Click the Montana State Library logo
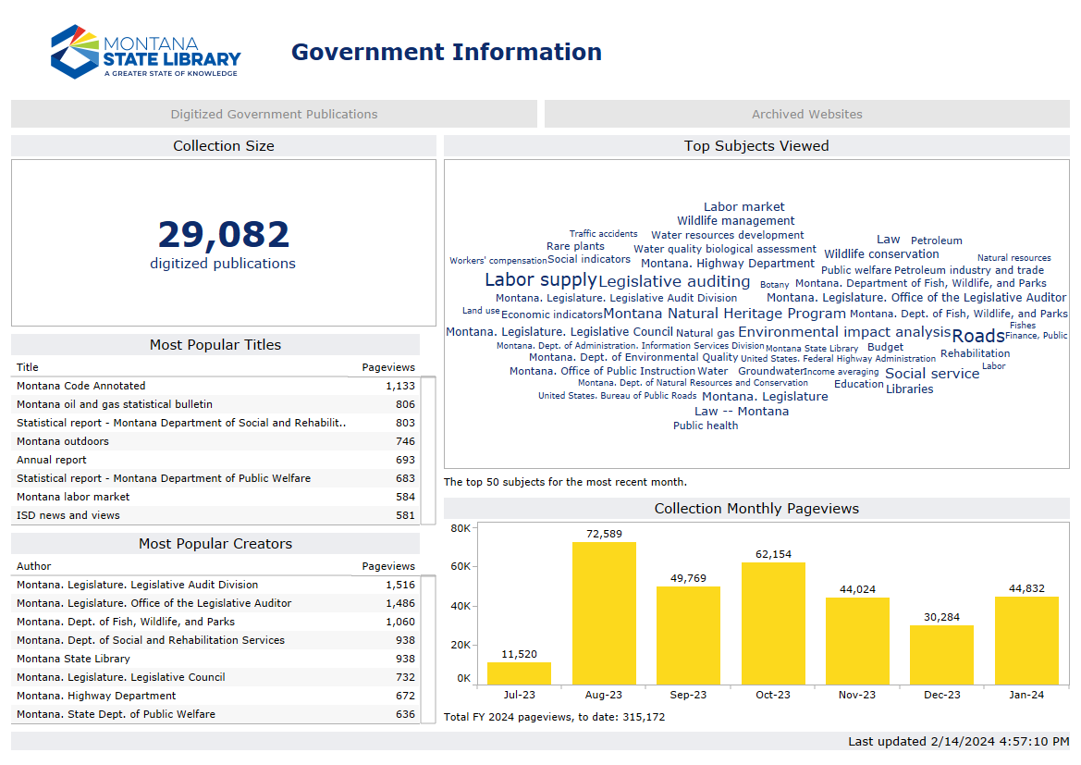[x=145, y=52]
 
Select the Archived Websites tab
[x=806, y=114]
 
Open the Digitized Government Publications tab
[x=274, y=114]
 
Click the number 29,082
[x=223, y=235]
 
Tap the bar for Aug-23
[x=604, y=612]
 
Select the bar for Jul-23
[x=519, y=673]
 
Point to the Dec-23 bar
[x=941, y=655]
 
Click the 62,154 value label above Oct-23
[x=772, y=554]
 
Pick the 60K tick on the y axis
[x=460, y=566]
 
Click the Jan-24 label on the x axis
[x=1026, y=695]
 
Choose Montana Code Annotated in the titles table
[x=81, y=386]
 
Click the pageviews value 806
[x=405, y=404]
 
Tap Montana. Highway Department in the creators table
[x=96, y=696]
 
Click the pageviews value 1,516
[x=400, y=585]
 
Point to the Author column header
[x=34, y=566]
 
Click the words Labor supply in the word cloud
[x=540, y=280]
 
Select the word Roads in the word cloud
[x=977, y=336]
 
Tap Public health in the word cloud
[x=706, y=426]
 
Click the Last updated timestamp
[x=958, y=742]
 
